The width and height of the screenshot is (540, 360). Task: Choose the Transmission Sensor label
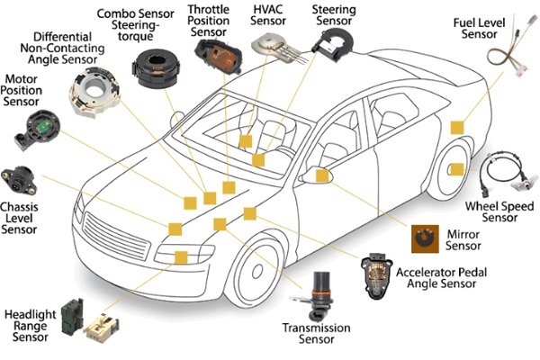pos(316,335)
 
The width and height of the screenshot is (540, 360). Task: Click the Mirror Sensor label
pos(463,240)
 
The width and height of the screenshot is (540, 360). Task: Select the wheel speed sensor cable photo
pos(502,171)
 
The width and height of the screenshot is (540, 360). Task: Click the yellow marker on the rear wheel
pos(456,169)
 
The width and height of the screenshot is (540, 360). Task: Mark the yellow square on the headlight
pos(180,257)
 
